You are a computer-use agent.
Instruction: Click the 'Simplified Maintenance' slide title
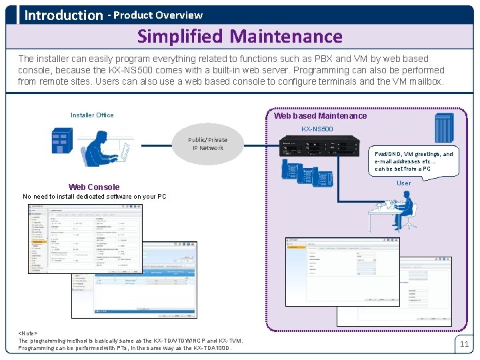[239, 36]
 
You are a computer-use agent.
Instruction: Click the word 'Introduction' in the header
[63, 15]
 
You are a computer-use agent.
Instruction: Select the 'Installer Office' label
[92, 115]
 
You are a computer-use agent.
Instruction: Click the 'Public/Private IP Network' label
[207, 144]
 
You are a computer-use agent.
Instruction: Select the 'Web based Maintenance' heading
[320, 116]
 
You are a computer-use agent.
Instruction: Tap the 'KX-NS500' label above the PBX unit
[317, 129]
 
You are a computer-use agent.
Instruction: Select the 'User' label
[404, 183]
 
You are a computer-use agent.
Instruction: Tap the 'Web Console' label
[94, 187]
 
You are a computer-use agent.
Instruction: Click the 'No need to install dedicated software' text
[94, 197]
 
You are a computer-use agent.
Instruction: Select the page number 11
[464, 344]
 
